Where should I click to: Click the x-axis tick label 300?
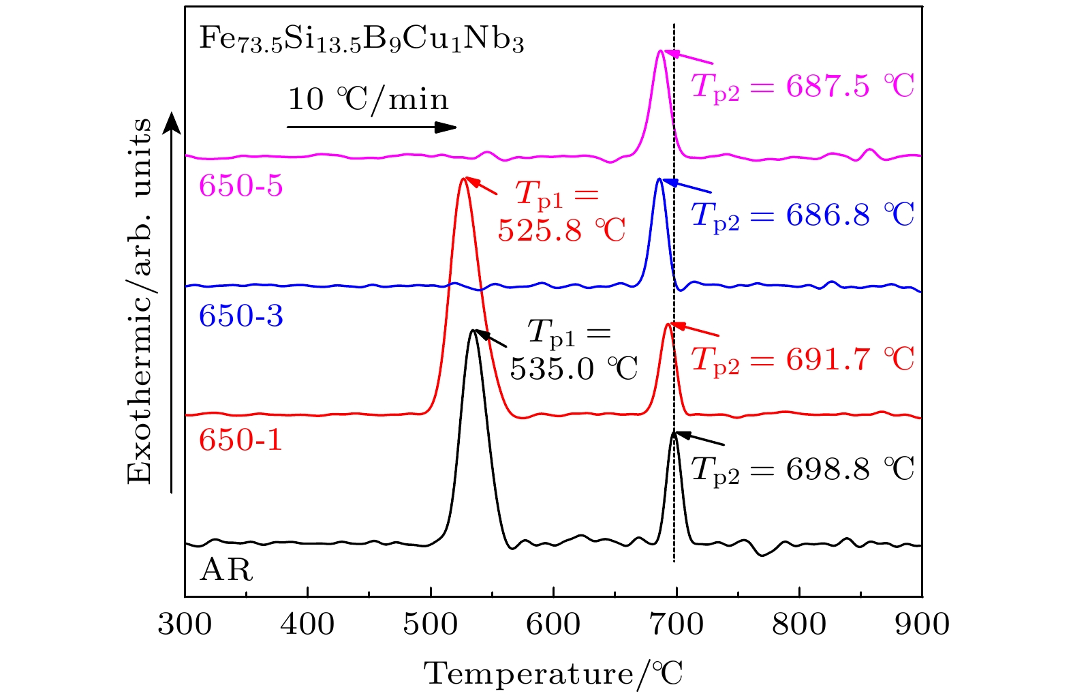coord(185,624)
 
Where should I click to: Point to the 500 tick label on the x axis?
coord(431,624)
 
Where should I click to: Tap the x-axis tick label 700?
coord(676,624)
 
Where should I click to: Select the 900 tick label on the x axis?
coord(922,624)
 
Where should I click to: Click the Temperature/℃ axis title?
coord(553,674)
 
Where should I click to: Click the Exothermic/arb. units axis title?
coord(140,301)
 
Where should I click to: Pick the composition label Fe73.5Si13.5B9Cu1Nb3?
coord(362,39)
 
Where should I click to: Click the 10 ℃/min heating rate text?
coord(369,100)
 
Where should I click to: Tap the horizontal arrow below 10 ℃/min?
coord(371,127)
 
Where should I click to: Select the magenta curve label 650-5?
coord(240,185)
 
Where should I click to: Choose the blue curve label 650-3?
coord(240,316)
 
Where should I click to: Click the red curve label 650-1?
coord(240,440)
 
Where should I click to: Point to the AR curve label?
coord(226,570)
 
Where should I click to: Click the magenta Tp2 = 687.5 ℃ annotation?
coord(803,87)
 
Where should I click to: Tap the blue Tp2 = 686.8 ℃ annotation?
coord(803,215)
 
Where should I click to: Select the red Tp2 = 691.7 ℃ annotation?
coord(803,359)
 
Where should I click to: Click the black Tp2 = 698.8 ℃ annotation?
coord(803,470)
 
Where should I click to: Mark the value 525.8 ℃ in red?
coord(561,230)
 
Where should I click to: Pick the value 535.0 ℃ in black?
coord(574,369)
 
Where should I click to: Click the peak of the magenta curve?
coord(659,50)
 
